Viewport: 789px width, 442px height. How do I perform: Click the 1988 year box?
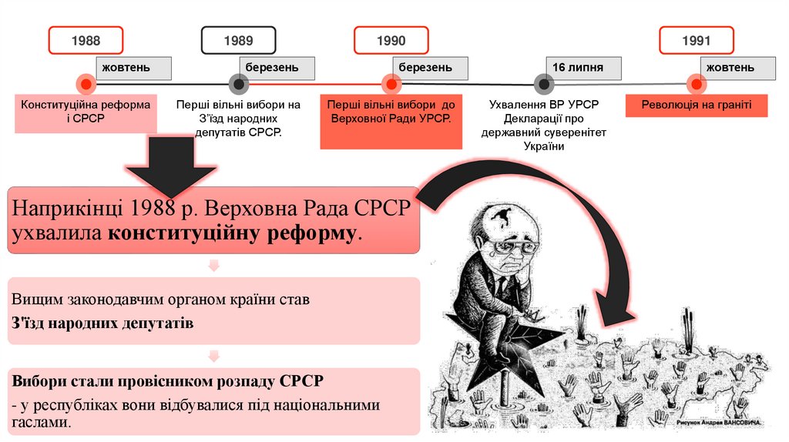pos(86,41)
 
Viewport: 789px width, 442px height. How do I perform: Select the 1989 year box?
pos(239,41)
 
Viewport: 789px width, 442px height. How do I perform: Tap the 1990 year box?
pos(391,41)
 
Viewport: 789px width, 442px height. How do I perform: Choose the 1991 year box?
pos(697,41)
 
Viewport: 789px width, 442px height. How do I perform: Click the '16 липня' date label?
pos(583,68)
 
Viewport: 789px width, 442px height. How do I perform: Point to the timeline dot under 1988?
pos(86,83)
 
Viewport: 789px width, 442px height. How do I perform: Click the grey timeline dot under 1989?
pos(239,83)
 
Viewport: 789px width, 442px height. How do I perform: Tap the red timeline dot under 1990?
pos(391,83)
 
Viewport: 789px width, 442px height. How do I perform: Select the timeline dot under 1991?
pos(697,83)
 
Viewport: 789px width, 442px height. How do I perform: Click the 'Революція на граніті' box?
pos(697,105)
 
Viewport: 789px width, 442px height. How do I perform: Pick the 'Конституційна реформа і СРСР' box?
pos(86,112)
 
